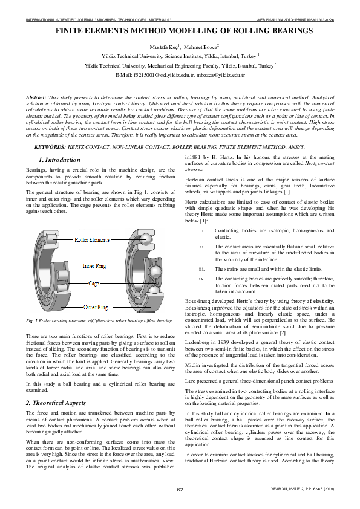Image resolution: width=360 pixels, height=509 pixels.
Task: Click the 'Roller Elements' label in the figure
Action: (x=91, y=240)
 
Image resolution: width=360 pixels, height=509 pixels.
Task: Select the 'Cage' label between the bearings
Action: (x=94, y=283)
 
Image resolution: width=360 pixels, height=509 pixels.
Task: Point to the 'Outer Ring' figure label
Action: (x=95, y=307)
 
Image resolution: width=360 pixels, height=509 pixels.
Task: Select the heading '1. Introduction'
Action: (x=59, y=160)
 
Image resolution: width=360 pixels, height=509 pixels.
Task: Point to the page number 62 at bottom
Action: (x=180, y=489)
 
